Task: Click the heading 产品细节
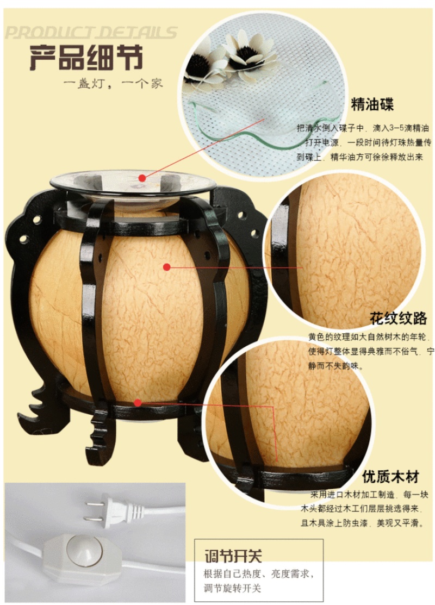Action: (86, 58)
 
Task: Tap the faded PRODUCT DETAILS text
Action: (91, 33)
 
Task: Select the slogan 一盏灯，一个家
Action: (113, 84)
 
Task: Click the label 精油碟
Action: (372, 104)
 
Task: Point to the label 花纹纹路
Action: (399, 319)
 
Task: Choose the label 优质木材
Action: (390, 477)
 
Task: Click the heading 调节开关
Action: (233, 556)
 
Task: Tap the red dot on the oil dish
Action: (142, 178)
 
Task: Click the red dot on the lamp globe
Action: (167, 267)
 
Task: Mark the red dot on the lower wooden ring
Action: (138, 403)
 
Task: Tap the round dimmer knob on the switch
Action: (84, 548)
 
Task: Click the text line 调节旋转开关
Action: (233, 588)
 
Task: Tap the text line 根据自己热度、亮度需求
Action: (259, 574)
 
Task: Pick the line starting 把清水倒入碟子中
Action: (363, 128)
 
